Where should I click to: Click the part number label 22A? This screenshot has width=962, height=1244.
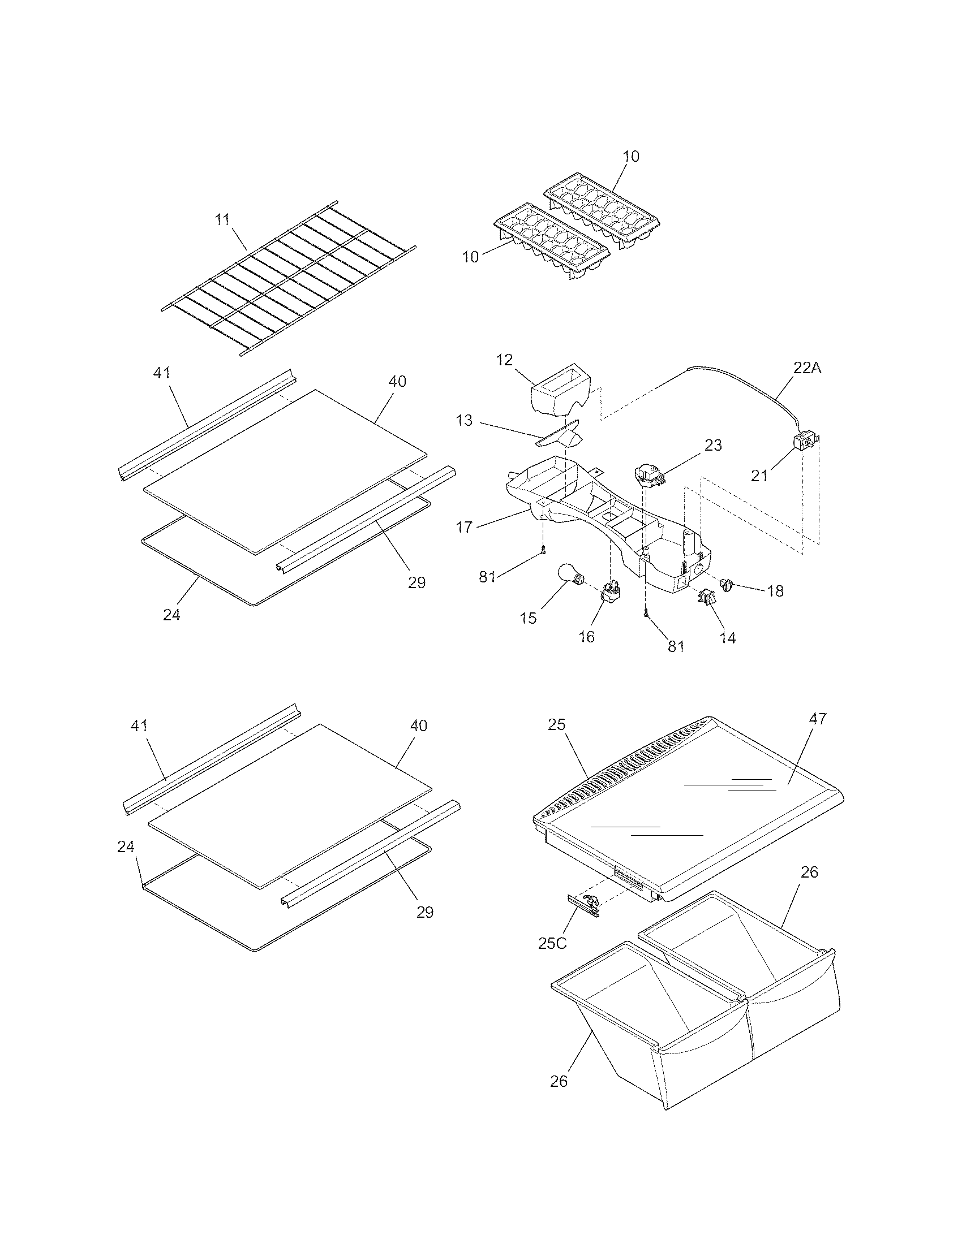tap(807, 368)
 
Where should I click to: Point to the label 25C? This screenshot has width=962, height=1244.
tap(552, 943)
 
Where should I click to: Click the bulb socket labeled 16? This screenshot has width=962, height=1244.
tap(610, 592)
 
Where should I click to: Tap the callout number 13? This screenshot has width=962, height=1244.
tap(465, 420)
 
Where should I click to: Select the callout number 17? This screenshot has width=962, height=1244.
tap(465, 527)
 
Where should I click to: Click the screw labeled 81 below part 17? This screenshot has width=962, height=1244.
tap(543, 551)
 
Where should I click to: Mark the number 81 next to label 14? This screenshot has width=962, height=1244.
tap(676, 646)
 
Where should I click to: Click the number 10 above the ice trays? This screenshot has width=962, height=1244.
tap(631, 156)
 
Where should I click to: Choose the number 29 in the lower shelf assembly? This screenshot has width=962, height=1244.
tap(424, 912)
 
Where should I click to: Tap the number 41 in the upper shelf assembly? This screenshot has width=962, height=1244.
tap(162, 373)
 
